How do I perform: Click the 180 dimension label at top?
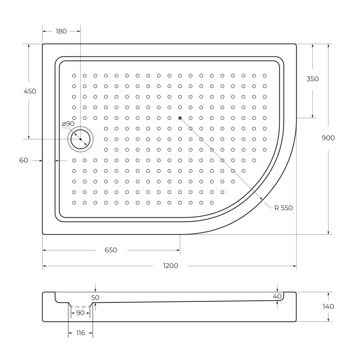61,32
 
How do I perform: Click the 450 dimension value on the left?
30,91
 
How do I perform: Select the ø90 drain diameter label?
68,124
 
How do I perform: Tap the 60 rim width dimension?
24,160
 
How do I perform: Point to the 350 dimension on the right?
312,79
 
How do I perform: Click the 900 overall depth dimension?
328,138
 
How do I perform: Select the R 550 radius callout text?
284,208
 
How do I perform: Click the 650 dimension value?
111,250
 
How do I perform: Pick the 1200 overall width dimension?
170,266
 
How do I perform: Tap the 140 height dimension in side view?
328,307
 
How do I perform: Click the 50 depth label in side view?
95,298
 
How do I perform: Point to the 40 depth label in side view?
277,296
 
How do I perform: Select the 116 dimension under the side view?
81,333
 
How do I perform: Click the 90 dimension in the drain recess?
80,313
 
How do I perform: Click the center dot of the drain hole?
81,139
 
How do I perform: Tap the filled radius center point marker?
180,118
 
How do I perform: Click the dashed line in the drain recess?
80,307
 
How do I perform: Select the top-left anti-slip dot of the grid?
74,75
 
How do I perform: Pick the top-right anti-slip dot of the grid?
265,75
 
